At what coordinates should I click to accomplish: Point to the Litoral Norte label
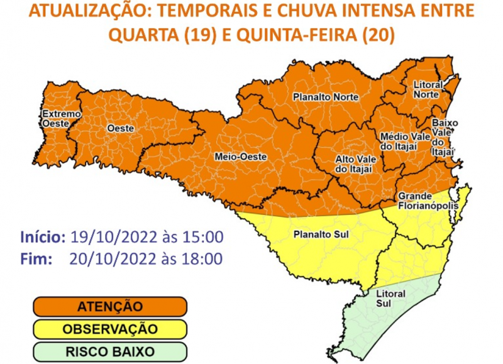coord(428,89)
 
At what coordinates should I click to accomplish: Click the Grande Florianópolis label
coord(428,201)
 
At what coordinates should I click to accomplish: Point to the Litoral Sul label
coord(390,299)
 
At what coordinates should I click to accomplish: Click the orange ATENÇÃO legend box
coord(110,307)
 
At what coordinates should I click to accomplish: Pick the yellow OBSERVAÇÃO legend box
coord(110,328)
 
